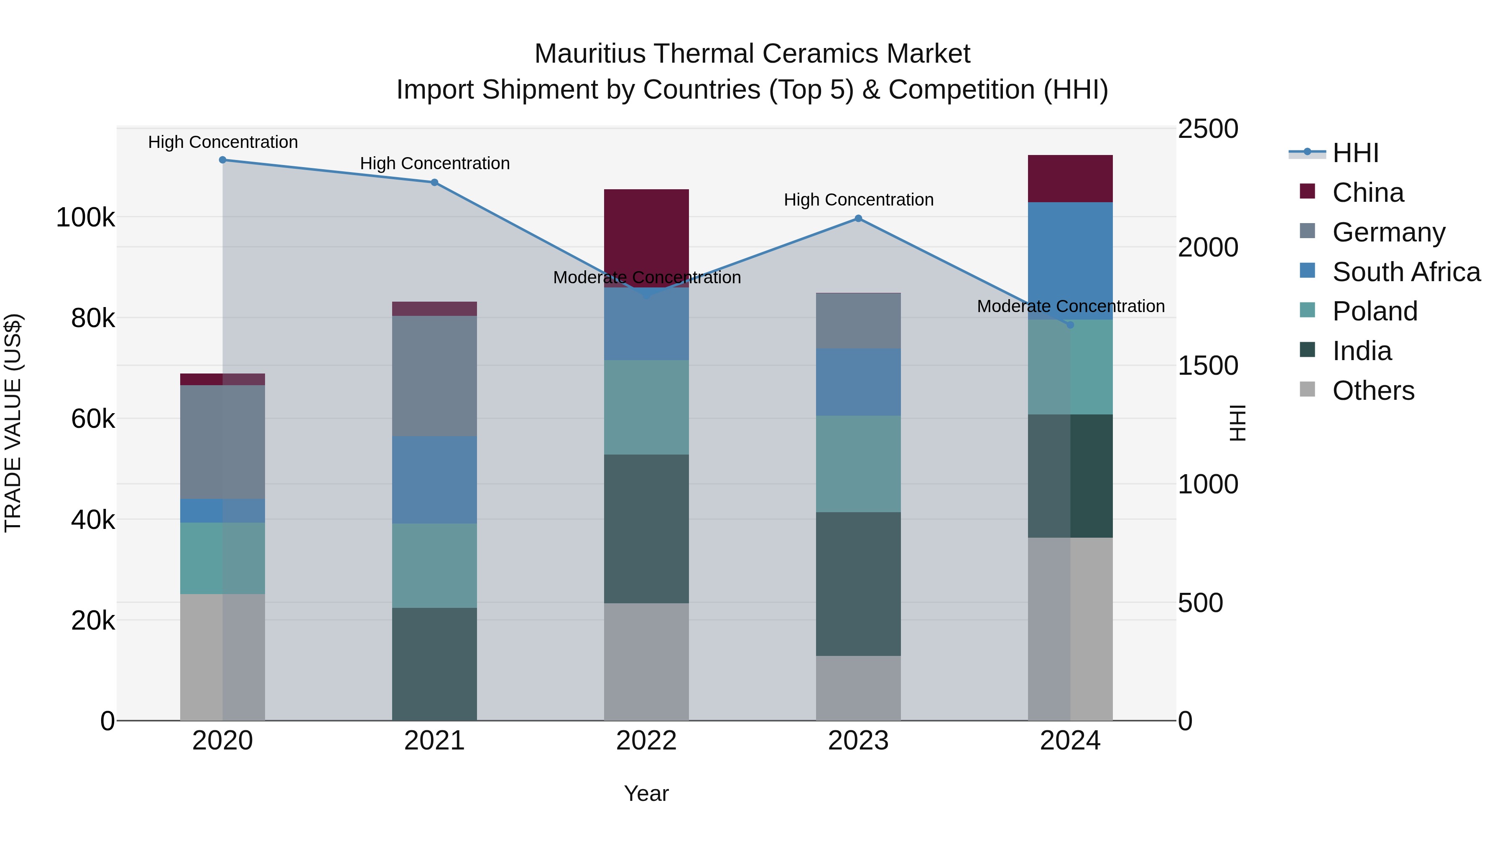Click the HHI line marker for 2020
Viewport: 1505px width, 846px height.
[222, 160]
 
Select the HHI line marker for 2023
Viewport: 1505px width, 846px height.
[858, 219]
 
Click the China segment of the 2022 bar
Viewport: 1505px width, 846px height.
[646, 234]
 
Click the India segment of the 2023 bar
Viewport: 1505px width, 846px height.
[858, 584]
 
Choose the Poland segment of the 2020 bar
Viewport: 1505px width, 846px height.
[222, 558]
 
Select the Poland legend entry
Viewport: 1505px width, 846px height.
[1374, 311]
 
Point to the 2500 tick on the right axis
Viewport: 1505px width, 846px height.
[1208, 129]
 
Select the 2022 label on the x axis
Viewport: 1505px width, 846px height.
[646, 741]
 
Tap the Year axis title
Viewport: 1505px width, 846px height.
[646, 793]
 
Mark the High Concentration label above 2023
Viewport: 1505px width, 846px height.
[858, 200]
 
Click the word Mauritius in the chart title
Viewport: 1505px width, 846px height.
[589, 54]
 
